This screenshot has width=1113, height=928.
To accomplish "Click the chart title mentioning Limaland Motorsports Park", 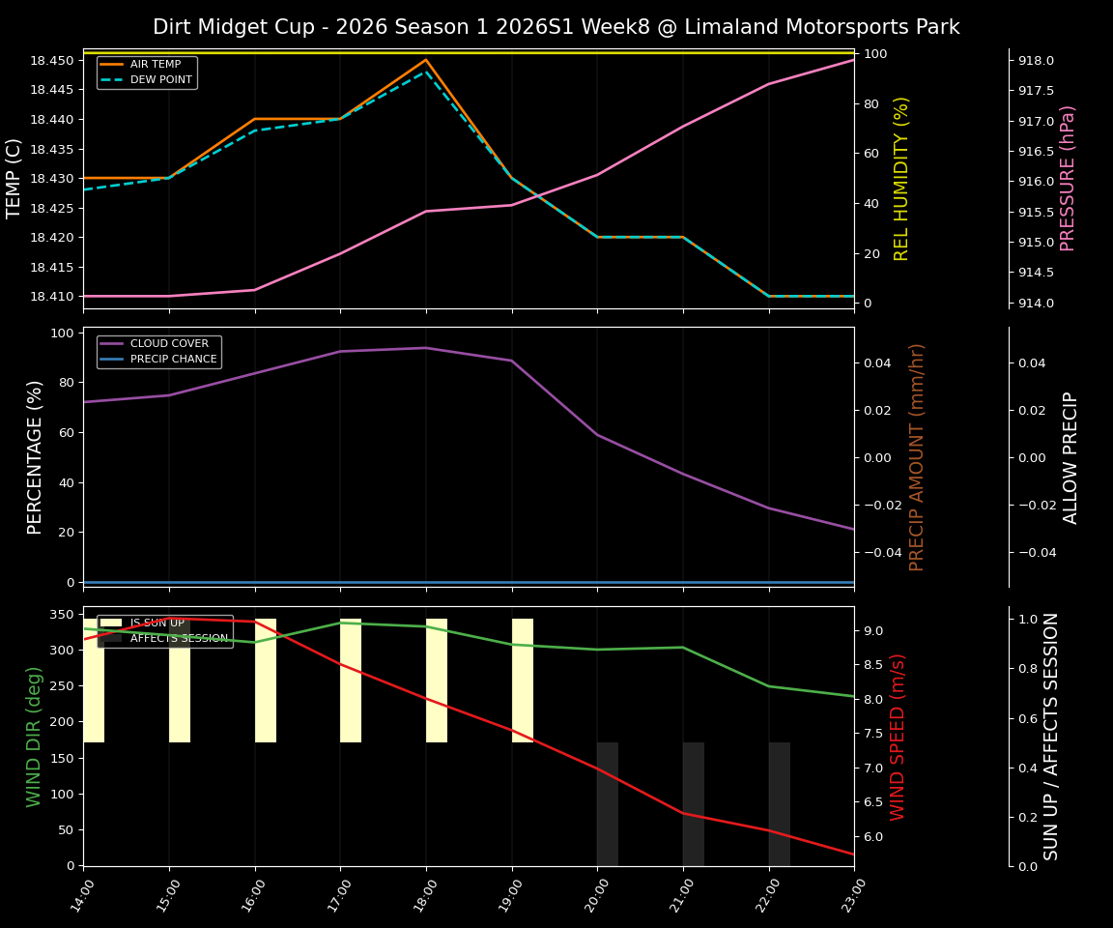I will click(x=556, y=27).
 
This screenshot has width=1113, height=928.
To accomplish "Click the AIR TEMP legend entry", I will click(x=155, y=65).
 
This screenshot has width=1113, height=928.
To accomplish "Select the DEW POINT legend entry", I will click(x=160, y=79).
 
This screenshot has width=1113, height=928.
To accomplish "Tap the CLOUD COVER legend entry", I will click(x=169, y=344).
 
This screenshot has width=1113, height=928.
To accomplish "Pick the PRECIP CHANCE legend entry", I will click(x=173, y=359).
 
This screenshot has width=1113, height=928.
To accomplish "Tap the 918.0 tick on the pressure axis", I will click(x=1036, y=60).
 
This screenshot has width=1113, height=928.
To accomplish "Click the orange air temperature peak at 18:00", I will click(x=426, y=60).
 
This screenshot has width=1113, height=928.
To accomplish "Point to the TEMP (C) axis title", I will click(x=14, y=178).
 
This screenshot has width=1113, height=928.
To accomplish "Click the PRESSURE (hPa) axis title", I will click(x=1068, y=178).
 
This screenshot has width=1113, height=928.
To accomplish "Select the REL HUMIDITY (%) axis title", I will click(x=901, y=178).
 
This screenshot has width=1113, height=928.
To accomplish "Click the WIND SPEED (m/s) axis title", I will click(x=899, y=737).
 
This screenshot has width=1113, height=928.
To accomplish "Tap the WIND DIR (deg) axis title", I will click(x=35, y=737).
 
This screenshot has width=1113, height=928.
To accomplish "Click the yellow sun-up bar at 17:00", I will click(x=351, y=681).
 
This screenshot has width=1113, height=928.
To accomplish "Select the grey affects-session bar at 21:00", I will click(x=694, y=803).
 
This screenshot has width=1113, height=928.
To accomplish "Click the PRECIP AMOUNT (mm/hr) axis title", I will click(x=917, y=456).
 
